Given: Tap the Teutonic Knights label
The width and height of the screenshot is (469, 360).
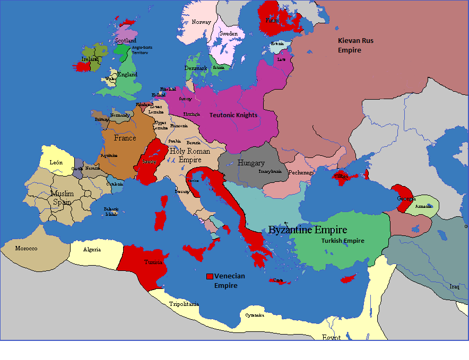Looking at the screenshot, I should click(233, 115).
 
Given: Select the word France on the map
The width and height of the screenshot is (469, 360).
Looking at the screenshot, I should click(125, 138).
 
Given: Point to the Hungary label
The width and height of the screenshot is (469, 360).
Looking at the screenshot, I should click(251, 163).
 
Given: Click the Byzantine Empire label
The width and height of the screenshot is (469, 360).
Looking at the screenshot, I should click(308, 230).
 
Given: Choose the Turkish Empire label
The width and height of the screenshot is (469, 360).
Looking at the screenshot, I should click(343, 241).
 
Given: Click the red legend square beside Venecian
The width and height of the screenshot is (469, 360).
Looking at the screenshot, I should click(210, 276).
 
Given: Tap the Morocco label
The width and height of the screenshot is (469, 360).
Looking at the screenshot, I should click(26, 248).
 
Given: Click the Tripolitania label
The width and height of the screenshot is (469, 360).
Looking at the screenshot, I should click(184, 304).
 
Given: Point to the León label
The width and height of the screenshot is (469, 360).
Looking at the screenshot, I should click(56, 162).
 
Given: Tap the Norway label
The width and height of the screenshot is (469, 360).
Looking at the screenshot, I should click(201, 22).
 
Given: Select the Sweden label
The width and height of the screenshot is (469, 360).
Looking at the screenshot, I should click(229, 33).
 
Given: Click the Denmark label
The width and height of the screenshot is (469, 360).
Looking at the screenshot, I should click(195, 68).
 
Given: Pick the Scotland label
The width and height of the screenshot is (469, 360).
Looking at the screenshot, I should click(126, 40).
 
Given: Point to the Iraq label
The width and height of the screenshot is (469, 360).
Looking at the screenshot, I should click(454, 286).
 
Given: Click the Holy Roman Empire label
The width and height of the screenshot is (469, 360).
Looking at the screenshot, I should click(189, 155).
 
